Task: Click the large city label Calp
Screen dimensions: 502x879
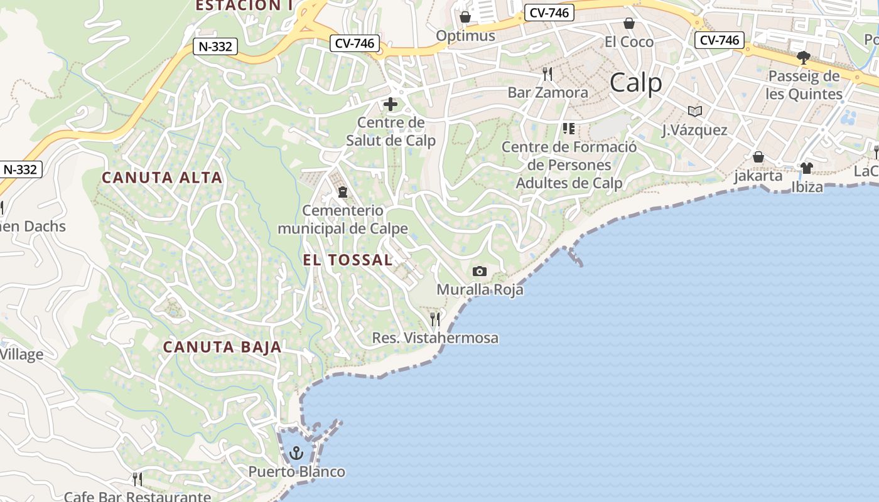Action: pos(635,83)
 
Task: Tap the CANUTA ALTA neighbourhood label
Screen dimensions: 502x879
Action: pos(162,178)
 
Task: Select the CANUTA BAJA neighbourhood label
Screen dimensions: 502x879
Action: pos(222,347)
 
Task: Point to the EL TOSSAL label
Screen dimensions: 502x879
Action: pos(347,260)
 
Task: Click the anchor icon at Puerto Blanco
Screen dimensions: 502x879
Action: pos(296,452)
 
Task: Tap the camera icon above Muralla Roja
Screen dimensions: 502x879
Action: pos(480,271)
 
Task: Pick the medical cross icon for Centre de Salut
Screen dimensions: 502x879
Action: pos(391,104)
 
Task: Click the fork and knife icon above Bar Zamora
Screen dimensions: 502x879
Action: pos(547,74)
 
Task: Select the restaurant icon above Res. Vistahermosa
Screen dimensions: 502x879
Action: pos(435,319)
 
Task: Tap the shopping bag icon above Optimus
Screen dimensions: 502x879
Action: pos(465,17)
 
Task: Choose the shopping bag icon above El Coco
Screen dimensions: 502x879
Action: pos(629,23)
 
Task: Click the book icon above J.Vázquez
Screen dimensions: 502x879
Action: pos(694,111)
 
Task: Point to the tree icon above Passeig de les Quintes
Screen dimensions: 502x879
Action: pos(804,58)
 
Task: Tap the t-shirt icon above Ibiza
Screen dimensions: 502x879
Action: pos(807,168)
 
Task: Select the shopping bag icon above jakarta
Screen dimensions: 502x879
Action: pos(758,157)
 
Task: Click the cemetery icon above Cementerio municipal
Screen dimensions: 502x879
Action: pos(343,191)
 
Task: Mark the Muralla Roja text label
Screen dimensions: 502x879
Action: pos(480,290)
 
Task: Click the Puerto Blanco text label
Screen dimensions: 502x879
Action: pos(296,472)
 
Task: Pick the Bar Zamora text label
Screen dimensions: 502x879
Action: pos(547,93)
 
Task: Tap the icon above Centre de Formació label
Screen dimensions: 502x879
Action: pos(569,129)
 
